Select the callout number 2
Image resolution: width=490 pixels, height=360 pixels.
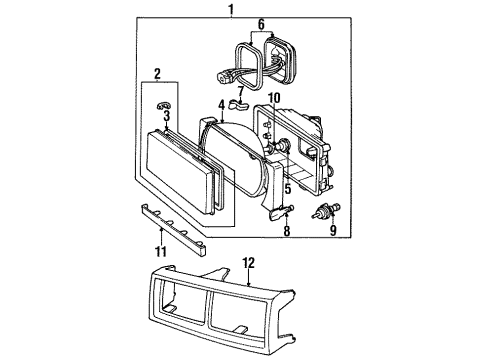click(157, 74)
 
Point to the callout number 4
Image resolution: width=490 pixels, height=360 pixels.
click(220, 104)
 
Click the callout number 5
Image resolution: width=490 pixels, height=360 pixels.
click(288, 187)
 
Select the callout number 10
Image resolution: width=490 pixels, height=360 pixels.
click(273, 97)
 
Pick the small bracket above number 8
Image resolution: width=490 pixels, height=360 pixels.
click(284, 209)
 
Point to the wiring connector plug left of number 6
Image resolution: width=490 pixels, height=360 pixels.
click(231, 71)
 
